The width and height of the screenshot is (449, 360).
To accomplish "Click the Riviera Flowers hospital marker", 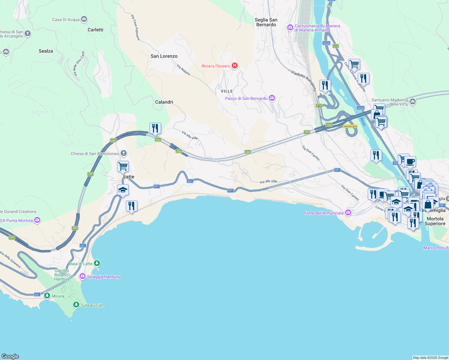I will [x=235, y=66].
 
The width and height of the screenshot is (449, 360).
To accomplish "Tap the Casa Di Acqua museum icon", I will [x=84, y=19].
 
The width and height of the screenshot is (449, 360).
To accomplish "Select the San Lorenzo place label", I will [x=164, y=56].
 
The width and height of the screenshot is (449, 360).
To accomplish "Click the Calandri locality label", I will [x=164, y=102].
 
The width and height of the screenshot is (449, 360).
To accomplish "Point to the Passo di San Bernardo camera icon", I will [x=272, y=98].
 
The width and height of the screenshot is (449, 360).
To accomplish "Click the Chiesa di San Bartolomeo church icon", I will [x=124, y=153].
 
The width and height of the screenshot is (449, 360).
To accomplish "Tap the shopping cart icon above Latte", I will [x=123, y=166].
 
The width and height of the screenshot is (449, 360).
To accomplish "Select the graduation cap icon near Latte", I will [x=123, y=190].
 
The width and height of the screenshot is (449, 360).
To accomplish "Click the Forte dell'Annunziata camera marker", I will [x=348, y=213].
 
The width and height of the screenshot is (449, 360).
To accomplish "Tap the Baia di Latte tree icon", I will [x=97, y=263].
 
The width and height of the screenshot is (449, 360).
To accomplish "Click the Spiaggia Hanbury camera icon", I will [x=82, y=276].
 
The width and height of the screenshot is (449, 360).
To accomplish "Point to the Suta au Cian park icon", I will [x=76, y=305].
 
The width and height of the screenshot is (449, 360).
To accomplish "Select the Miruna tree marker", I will [x=47, y=296].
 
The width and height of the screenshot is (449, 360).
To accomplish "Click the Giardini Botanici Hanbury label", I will [x=62, y=275].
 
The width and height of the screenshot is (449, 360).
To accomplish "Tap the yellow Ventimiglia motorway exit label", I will [x=350, y=126].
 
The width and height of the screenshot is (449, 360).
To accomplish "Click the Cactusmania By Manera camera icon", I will [x=290, y=28].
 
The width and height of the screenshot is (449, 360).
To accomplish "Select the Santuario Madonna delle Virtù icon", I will [x=413, y=102].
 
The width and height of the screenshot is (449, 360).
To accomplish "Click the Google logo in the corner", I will [x=10, y=356].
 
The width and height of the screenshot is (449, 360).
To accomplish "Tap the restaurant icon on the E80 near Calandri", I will [x=155, y=128].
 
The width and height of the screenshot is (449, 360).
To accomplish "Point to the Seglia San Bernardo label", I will [x=266, y=22].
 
